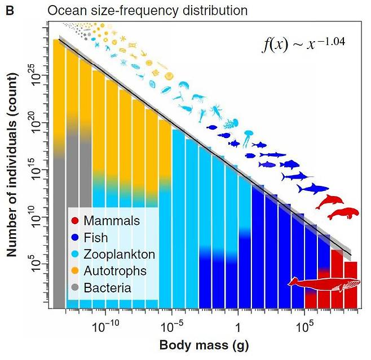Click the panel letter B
[10, 10]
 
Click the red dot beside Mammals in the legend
[76, 221]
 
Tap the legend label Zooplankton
[119, 255]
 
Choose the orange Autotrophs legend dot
[76, 272]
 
